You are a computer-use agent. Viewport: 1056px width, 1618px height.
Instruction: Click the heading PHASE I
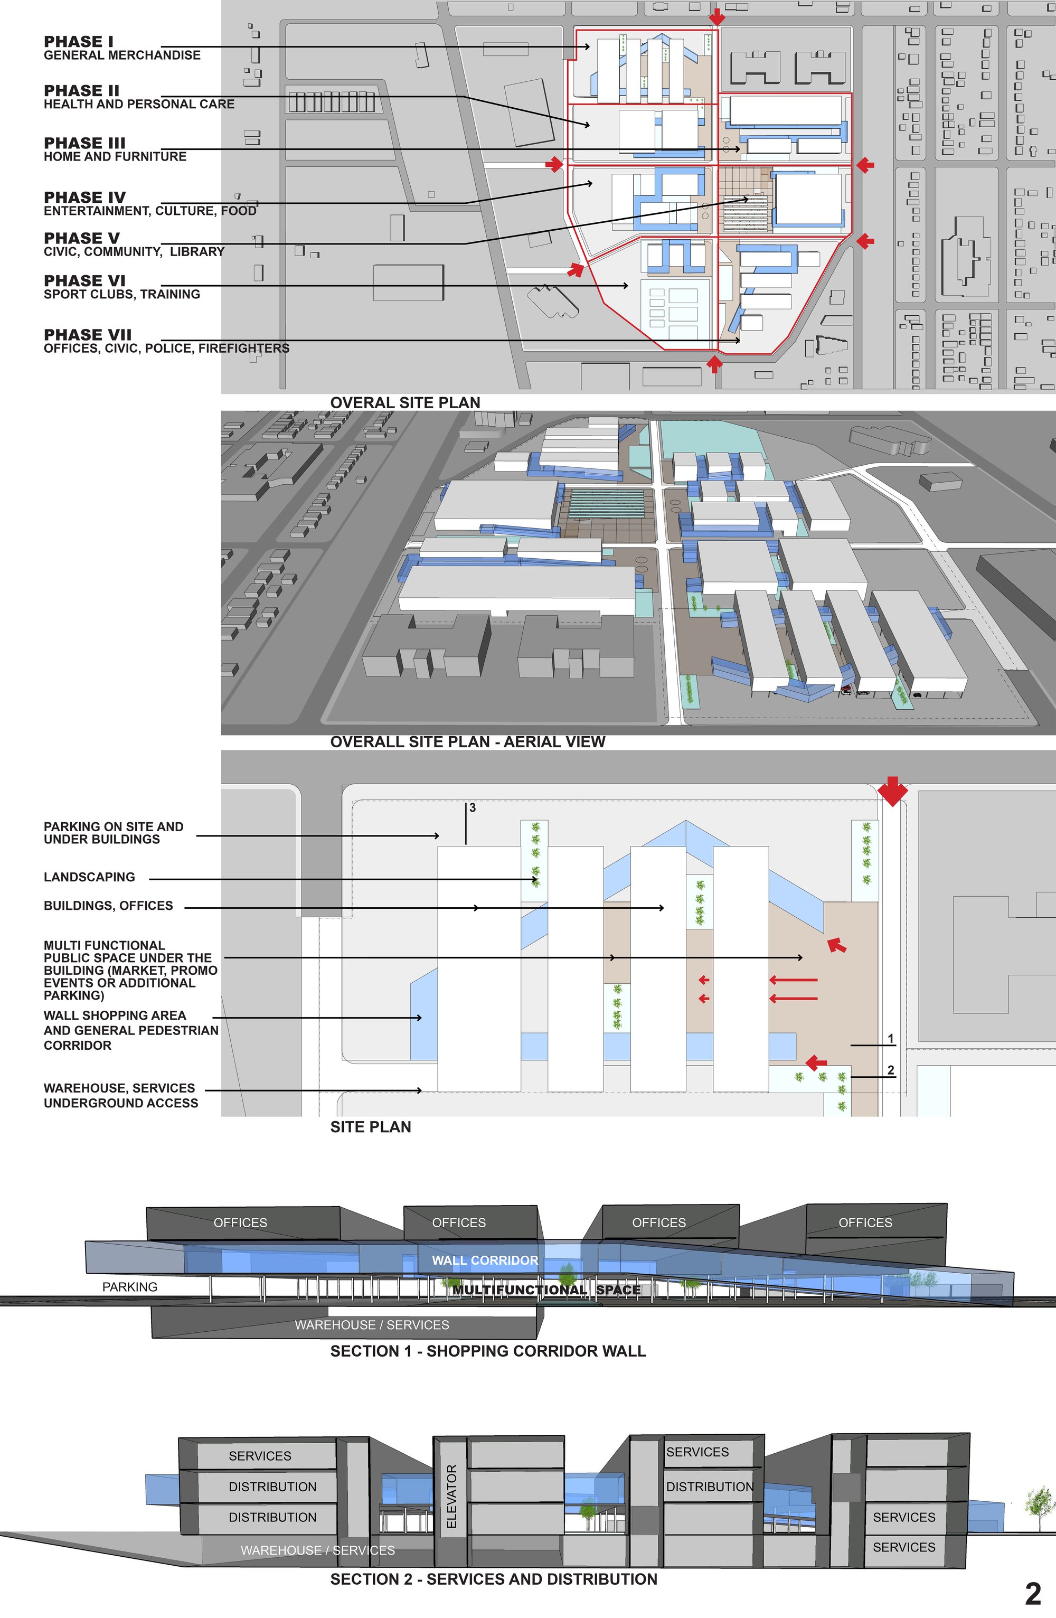tap(79, 42)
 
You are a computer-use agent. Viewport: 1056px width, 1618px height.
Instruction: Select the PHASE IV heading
tap(85, 197)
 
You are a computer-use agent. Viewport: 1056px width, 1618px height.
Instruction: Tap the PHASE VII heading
tap(88, 334)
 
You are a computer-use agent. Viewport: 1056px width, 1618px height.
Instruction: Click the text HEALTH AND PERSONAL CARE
tap(139, 104)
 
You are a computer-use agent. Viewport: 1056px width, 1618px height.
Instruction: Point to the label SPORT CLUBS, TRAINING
tap(121, 294)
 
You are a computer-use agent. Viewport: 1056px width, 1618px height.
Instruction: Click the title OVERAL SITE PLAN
tap(405, 402)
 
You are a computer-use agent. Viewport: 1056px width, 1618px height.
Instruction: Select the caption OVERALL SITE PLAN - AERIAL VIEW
tap(467, 742)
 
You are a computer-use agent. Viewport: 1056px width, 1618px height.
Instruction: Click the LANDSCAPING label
tap(89, 877)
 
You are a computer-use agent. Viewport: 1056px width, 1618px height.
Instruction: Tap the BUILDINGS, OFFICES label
tap(108, 906)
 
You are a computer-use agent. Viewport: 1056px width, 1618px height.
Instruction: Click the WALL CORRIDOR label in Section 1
tap(485, 1260)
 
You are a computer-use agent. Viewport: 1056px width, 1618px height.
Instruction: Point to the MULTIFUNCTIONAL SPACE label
tap(546, 1290)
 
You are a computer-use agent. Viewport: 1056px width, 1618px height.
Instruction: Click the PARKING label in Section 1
tap(130, 1287)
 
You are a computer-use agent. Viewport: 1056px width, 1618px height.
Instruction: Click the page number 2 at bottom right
tap(1033, 1594)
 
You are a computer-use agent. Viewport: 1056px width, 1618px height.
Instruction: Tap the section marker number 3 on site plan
tap(472, 807)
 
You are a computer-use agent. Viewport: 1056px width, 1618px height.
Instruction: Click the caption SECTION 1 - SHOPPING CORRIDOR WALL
tap(488, 1351)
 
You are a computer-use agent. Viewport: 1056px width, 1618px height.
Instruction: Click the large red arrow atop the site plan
tap(892, 791)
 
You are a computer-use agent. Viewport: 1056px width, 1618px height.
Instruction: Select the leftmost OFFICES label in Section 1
tap(241, 1222)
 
